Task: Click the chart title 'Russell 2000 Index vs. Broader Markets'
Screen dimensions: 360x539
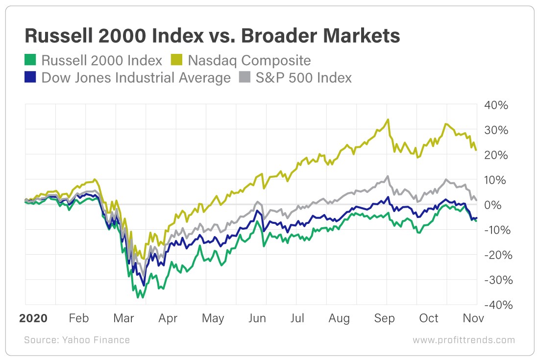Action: tap(212, 36)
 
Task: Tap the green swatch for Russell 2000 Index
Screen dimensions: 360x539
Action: tap(30, 61)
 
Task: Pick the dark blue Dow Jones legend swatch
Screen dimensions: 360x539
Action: tap(30, 77)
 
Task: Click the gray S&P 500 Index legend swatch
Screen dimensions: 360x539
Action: tap(244, 77)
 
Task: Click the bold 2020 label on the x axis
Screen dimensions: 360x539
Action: tap(33, 318)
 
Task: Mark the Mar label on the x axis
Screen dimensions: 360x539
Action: tap(123, 318)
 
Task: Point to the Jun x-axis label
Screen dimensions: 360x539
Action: tap(257, 318)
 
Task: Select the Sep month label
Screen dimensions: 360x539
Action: tap(384, 318)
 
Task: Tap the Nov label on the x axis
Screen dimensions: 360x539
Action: tap(474, 318)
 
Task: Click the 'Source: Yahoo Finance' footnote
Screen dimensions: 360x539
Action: tap(77, 340)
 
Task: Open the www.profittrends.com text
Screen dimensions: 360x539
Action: tap(464, 340)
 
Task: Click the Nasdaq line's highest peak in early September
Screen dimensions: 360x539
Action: tap(388, 119)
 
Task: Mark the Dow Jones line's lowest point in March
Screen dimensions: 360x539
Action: tap(144, 286)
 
